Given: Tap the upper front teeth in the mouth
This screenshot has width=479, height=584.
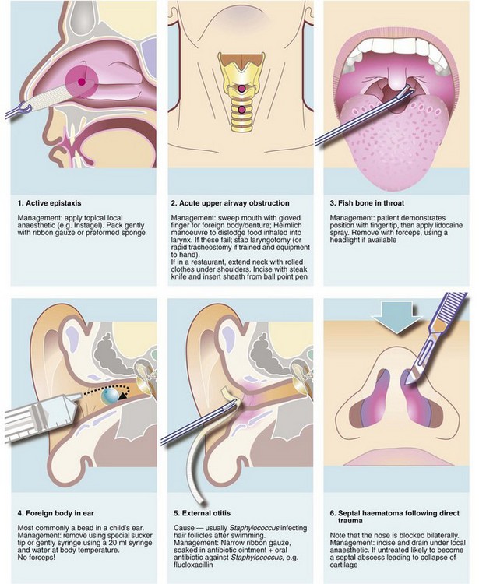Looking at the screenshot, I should pos(396,45).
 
